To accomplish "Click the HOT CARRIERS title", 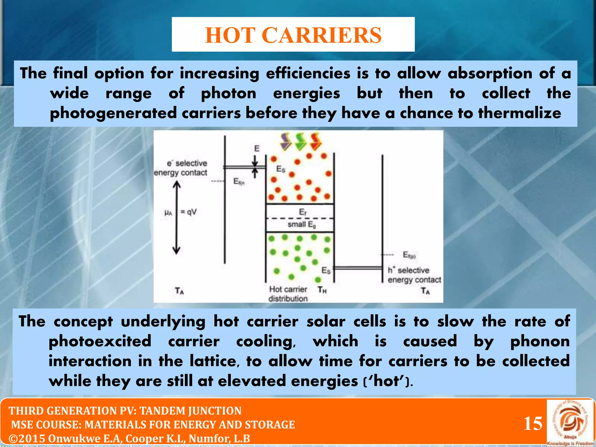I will tap(293, 35).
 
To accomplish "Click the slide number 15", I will tap(533, 423).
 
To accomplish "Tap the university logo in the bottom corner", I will tap(570, 422).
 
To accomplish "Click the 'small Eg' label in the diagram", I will tap(302, 224).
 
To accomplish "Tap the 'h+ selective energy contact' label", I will tap(414, 275).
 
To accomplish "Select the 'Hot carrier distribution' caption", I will tap(288, 294).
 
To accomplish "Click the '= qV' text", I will tap(189, 212).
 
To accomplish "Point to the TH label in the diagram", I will tap(322, 290).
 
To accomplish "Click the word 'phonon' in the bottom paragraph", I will tap(540, 341).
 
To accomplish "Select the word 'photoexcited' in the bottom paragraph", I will tap(100, 341).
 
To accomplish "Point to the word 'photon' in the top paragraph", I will tap(228, 94).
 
